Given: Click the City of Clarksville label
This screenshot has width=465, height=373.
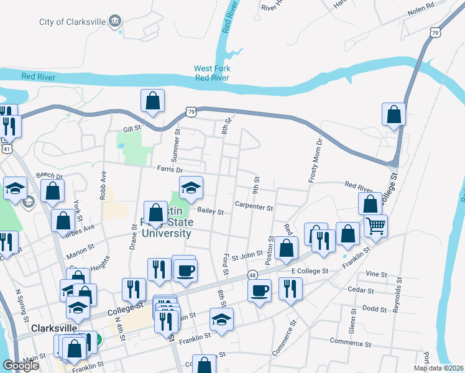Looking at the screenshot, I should click(x=69, y=22).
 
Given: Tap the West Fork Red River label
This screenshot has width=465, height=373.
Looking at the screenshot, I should click(x=212, y=73).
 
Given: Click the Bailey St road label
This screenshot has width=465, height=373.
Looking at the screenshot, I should click(x=210, y=211).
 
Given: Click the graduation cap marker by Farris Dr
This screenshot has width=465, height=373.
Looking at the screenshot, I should click(x=191, y=186).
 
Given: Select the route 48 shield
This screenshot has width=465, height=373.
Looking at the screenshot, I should click(x=252, y=274).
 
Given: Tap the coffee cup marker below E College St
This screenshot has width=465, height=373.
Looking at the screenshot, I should click(x=259, y=289).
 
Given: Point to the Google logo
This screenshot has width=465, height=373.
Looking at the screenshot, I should click(x=21, y=366).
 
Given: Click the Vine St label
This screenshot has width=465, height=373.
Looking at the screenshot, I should click(x=376, y=274).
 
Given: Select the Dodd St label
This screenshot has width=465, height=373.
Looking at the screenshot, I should click(x=374, y=308).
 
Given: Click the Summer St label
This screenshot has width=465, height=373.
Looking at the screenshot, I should click(x=177, y=142).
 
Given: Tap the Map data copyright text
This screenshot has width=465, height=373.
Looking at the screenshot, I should click(x=438, y=368).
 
